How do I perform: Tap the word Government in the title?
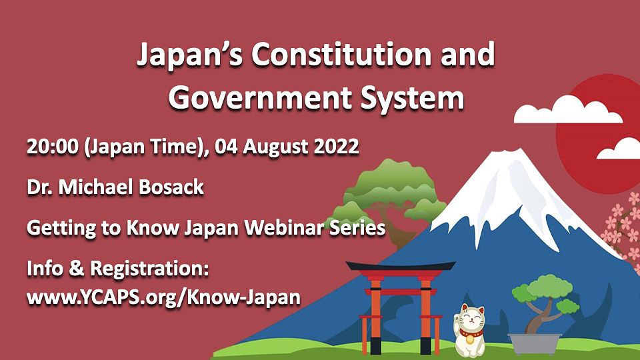261,99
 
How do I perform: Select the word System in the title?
413,99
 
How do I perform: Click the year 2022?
336,147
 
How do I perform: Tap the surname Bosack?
171,187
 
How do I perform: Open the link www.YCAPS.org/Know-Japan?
164,297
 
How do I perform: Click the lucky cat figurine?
470,331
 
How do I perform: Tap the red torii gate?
401,307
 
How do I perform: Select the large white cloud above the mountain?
567,110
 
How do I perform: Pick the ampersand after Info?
76,269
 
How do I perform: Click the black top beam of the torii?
401,266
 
